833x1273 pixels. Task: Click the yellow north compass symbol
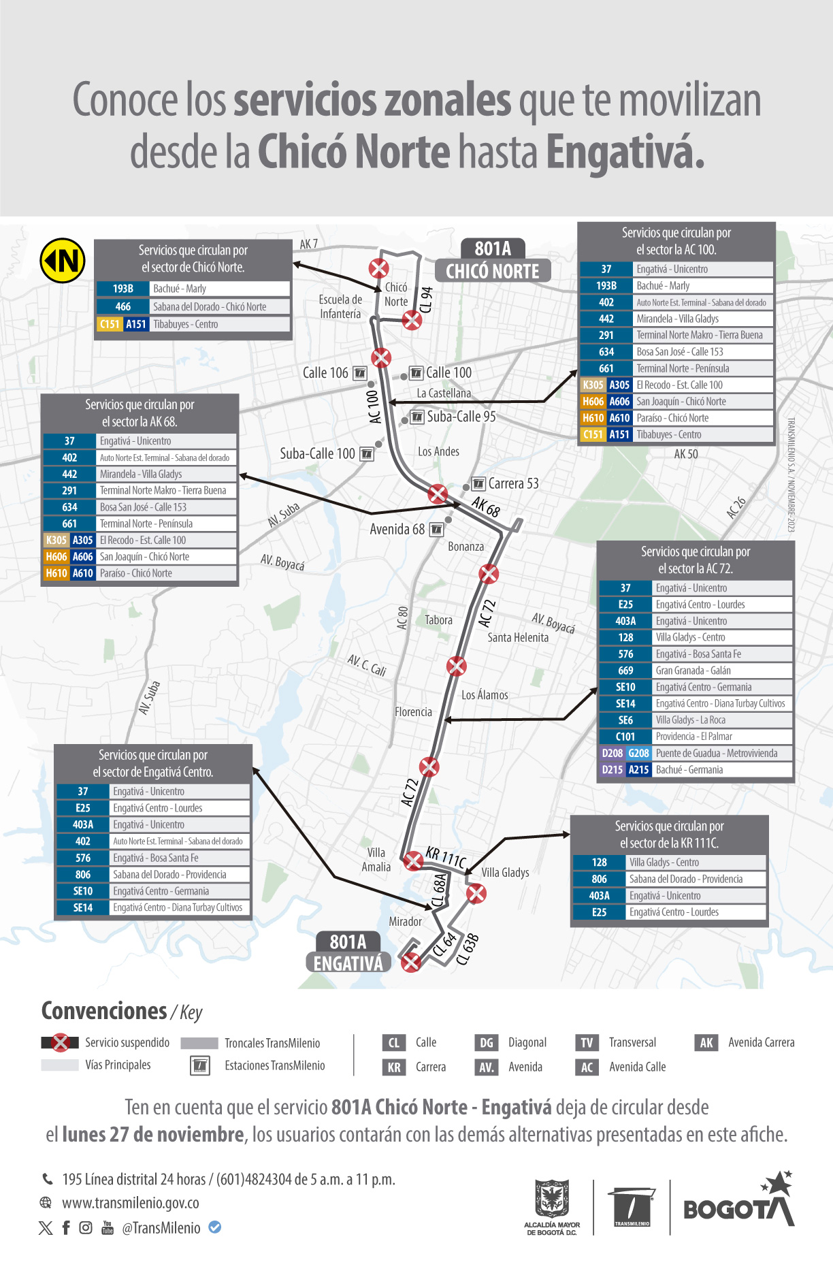pos(63,260)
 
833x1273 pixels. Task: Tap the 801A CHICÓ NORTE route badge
pos(492,260)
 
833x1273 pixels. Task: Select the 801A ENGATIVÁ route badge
pos(348,952)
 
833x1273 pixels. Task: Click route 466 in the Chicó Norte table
pos(122,307)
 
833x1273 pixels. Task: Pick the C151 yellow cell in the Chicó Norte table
pos(109,324)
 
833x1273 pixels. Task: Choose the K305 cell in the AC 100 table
pos(592,385)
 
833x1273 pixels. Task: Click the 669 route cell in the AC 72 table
pos(625,671)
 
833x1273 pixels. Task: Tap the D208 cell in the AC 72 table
pos(612,754)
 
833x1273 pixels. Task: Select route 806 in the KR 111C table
pos(599,880)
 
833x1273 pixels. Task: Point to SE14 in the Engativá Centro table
pos(82,908)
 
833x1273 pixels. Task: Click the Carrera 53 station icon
pos(478,484)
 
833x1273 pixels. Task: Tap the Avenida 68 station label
pos(397,529)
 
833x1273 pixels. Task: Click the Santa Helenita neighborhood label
pos(517,638)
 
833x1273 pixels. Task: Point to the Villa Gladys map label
pos(505,873)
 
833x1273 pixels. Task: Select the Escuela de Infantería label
pos(340,306)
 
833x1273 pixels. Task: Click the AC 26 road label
pos(736,508)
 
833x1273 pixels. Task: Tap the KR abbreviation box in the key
pos(394,1067)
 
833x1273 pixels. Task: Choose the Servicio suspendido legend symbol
pos(61,1043)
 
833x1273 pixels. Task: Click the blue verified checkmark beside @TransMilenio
pos(214,1227)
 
